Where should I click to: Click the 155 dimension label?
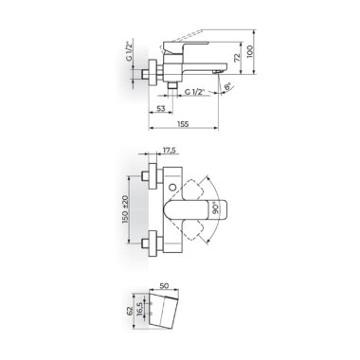183,124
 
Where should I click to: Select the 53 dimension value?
161,108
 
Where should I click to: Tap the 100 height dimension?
250,51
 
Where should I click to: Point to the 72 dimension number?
237,58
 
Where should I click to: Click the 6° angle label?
227,86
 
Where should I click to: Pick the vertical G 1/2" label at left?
129,51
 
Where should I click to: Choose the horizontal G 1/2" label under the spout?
195,92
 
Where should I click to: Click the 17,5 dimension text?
169,151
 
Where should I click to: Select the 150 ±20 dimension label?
125,209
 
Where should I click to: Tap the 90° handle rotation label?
216,208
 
